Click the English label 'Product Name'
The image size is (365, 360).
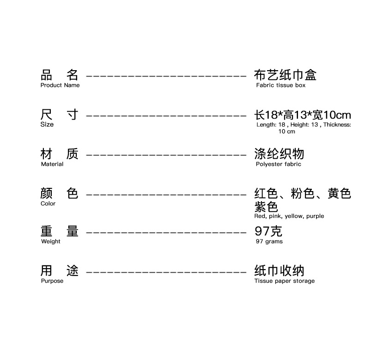[x=60, y=85]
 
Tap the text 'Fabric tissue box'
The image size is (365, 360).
[x=280, y=85]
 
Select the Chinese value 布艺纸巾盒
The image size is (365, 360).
[x=285, y=75]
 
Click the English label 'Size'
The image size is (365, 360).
[x=47, y=125]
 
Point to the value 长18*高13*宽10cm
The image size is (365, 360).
[x=303, y=115]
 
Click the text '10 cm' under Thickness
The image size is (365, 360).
[x=286, y=132]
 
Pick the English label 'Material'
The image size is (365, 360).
[x=52, y=164]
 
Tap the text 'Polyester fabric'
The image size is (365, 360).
[x=278, y=164]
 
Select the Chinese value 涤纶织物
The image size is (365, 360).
[x=279, y=154]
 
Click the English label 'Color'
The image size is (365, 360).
[x=48, y=204]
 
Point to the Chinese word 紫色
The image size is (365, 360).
[x=266, y=207]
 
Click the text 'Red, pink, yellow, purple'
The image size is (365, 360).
[x=289, y=216]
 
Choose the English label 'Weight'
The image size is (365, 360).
[x=51, y=241]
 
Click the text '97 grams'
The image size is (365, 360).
[x=269, y=241]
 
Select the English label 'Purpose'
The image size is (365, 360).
[x=52, y=281]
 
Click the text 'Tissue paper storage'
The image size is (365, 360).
[x=284, y=281]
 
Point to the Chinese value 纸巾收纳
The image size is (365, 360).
[x=279, y=270]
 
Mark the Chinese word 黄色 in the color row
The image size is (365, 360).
[x=340, y=193]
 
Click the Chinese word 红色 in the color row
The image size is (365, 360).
[x=266, y=193]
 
